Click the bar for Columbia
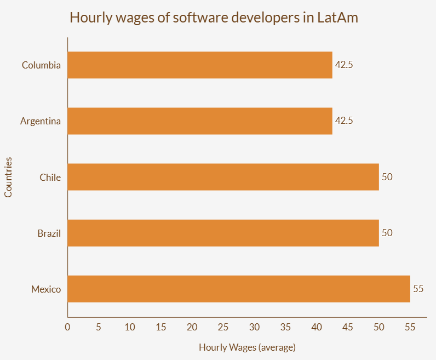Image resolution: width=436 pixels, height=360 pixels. click(200, 65)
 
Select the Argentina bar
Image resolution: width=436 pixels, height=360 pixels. click(200, 121)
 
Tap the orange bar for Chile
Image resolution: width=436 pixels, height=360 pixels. click(223, 177)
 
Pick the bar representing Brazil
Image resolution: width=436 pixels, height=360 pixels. click(223, 233)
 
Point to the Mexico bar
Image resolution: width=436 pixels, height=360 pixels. click(239, 289)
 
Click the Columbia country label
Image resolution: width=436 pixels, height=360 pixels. click(41, 65)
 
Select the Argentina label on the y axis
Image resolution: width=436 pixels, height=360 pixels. click(41, 121)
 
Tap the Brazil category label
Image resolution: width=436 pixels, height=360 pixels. click(49, 233)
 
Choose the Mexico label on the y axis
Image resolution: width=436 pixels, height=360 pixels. click(46, 289)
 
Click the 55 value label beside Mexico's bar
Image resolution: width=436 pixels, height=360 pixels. click(418, 288)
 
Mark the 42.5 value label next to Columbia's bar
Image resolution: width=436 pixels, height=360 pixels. click(344, 65)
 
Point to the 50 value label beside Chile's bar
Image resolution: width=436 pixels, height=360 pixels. click(387, 176)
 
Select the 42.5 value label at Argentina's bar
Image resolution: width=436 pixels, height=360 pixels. click(344, 121)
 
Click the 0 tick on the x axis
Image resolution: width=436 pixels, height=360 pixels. click(67, 327)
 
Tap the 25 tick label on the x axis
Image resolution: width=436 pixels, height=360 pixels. click(223, 327)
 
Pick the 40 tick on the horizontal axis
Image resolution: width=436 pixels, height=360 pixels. click(317, 327)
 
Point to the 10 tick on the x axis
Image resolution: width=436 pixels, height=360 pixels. click(130, 327)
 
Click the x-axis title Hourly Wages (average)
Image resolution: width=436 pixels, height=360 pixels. click(247, 347)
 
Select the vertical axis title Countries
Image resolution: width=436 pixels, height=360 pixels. click(8, 177)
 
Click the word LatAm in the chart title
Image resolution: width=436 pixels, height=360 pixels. click(337, 18)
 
